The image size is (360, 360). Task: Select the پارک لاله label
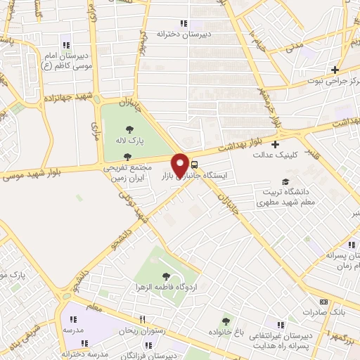[x=131, y=141]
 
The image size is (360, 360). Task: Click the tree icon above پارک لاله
[x=130, y=129]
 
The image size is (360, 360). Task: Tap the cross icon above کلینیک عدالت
[x=275, y=143]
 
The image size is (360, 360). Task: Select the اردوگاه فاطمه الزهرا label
[x=167, y=288]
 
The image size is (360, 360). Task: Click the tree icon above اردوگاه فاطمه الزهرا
[x=166, y=276]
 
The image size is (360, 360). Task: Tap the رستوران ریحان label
[x=141, y=330]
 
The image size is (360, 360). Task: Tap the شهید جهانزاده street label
[x=66, y=98]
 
